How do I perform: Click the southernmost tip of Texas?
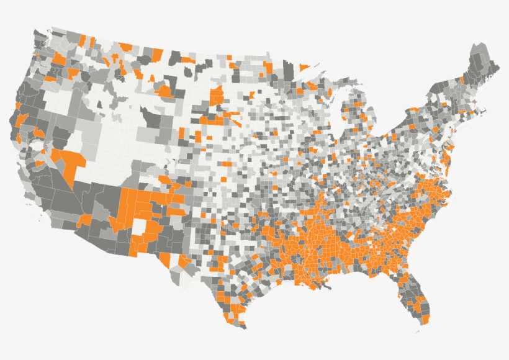click(x=243, y=328)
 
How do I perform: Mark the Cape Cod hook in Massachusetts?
click(x=482, y=113)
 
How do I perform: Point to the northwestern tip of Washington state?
click(x=32, y=32)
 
